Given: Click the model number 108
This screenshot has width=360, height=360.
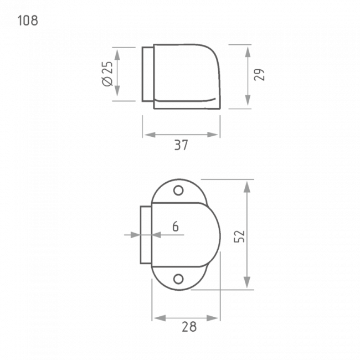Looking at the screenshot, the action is pos(28,20).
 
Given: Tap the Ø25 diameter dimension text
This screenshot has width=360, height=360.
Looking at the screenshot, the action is pos(107,74).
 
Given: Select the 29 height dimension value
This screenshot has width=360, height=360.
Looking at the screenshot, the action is pos(259,75).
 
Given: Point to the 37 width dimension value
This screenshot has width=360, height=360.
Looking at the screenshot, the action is pos(181,145).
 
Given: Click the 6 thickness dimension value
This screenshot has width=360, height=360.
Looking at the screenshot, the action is pos(176,227).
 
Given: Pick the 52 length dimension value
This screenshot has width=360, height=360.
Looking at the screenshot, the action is pos(239,236).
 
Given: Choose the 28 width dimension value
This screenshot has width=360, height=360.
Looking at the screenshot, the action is pos(189,327).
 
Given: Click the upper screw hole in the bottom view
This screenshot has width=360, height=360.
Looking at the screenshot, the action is pos(178,191).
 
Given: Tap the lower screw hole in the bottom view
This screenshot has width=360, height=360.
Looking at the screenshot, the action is pos(178,279).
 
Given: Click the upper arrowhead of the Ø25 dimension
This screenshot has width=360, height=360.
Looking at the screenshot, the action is pos(117,55).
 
